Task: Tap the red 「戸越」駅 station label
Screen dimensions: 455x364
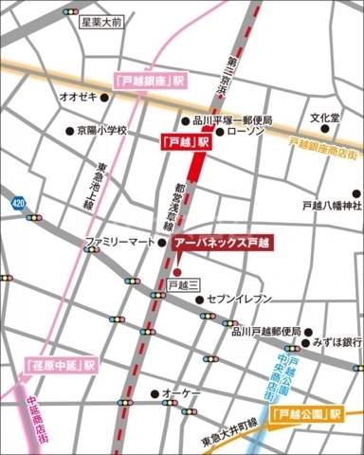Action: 181,140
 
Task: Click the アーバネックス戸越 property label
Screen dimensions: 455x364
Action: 221,243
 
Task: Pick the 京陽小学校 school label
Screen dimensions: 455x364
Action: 100,131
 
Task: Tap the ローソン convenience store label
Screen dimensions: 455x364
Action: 245,133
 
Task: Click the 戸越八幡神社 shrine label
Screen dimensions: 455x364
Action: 325,205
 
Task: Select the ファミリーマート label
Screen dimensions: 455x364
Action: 120,243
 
